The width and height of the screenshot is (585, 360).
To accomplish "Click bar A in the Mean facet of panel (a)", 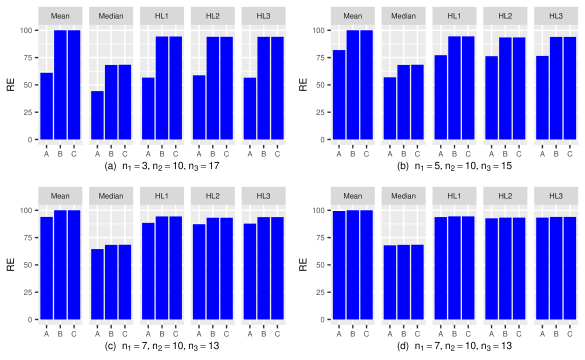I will point(47,106).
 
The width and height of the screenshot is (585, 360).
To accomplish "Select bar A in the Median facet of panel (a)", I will point(97,115).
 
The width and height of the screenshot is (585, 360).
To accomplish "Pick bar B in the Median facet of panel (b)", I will point(403,102).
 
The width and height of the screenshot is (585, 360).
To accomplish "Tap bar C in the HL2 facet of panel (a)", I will point(227,89).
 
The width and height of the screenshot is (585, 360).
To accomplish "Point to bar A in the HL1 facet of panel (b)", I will point(439,97).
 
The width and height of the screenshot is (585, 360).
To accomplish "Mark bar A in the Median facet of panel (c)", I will point(97,284).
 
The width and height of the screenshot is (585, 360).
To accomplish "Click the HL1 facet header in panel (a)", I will point(161,16).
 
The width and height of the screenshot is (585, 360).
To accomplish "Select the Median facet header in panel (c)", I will point(110,196).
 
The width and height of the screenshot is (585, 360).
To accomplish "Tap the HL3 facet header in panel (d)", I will point(557,196).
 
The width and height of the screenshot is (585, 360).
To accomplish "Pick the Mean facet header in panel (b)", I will point(352,16).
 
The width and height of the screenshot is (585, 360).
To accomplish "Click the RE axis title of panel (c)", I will point(10,265).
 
